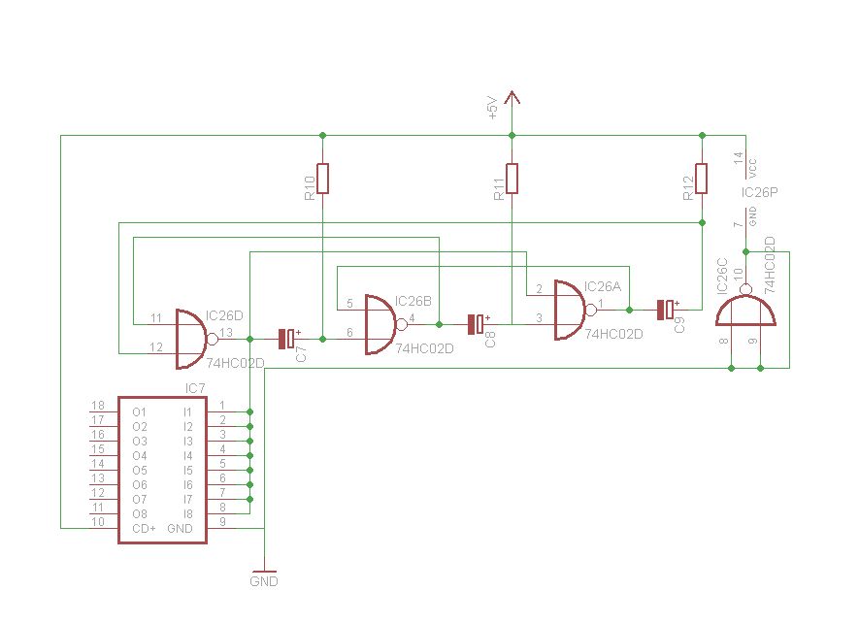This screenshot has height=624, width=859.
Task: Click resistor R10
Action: [323, 179]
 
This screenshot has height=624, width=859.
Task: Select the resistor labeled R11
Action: [512, 179]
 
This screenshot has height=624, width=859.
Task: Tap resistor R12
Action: [701, 179]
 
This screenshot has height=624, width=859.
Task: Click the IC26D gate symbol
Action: [190, 339]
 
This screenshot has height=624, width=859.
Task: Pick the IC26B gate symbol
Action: [380, 324]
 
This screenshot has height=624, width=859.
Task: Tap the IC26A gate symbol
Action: [569, 310]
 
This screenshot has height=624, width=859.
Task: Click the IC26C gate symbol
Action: [744, 311]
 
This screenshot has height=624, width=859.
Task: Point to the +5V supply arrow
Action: [512, 97]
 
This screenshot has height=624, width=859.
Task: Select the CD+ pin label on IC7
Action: [144, 528]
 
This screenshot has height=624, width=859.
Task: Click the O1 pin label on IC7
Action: [140, 411]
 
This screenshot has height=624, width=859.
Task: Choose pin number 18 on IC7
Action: [97, 406]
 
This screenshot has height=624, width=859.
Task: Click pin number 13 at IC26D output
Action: [225, 333]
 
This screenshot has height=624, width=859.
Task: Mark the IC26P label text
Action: [759, 192]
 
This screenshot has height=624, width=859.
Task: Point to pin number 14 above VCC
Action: [739, 157]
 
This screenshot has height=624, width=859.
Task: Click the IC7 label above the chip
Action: [194, 389]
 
